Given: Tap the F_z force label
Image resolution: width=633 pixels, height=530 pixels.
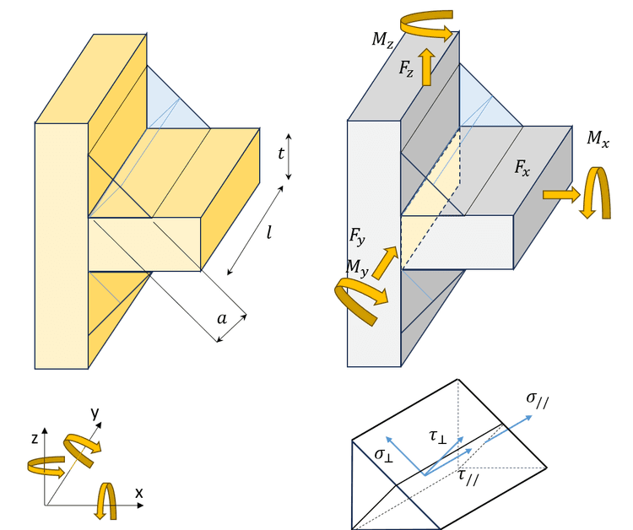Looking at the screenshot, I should click(408, 68).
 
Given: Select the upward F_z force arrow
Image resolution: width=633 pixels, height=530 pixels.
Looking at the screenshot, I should click(427, 67).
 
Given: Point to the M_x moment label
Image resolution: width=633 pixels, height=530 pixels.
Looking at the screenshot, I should click(598, 139).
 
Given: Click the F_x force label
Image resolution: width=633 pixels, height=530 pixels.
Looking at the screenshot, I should click(523, 167).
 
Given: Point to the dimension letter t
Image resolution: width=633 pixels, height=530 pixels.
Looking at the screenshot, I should click(280, 154).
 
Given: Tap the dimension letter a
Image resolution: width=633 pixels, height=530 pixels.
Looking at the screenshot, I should click(222, 318).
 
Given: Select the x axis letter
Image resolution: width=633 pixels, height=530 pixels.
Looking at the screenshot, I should click(139, 492).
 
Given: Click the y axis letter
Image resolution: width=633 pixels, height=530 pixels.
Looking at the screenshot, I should click(95, 413).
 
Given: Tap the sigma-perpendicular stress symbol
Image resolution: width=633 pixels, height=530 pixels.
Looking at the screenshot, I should click(384, 455).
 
